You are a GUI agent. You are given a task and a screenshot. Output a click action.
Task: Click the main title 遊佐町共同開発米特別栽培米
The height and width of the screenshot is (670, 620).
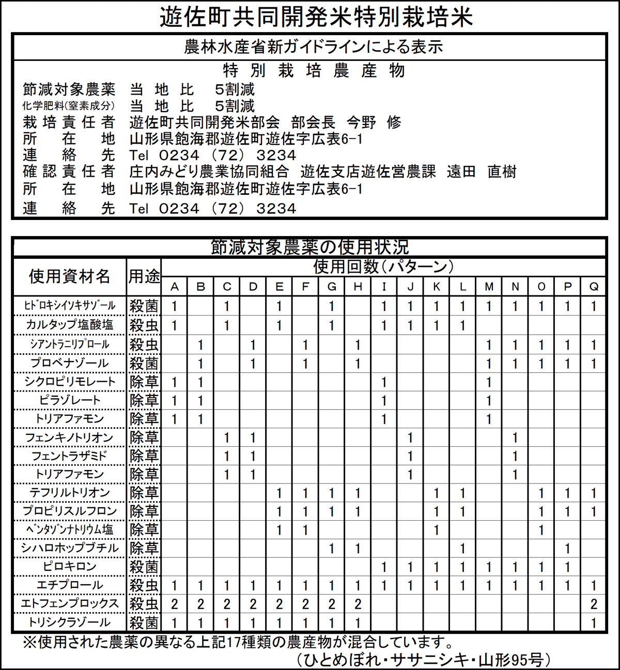pyautogui.click(x=316, y=17)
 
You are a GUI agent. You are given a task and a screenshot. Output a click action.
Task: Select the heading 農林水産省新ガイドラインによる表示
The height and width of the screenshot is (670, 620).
pyautogui.click(x=314, y=47)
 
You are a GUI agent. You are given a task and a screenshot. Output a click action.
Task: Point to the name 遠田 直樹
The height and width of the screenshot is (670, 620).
pyautogui.click(x=482, y=172)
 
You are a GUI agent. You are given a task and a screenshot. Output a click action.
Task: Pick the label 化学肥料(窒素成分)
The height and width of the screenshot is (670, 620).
pyautogui.click(x=69, y=106)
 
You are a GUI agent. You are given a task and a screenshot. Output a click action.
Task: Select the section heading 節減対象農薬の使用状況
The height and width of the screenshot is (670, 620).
pyautogui.click(x=309, y=247)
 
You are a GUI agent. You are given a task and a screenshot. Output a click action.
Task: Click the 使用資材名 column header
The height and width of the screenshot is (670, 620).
pyautogui.click(x=69, y=276)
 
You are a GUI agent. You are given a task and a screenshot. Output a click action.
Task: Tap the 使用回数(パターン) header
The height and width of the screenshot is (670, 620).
pyautogui.click(x=383, y=267)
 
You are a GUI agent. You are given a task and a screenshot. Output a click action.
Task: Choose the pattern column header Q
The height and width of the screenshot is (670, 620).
pyautogui.click(x=594, y=287)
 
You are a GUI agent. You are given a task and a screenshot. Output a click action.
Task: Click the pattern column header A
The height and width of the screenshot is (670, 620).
pyautogui.click(x=175, y=287)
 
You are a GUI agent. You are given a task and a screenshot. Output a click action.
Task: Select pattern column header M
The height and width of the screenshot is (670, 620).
pyautogui.click(x=489, y=287)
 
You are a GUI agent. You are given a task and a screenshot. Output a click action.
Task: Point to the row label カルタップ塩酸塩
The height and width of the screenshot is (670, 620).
pyautogui.click(x=69, y=325)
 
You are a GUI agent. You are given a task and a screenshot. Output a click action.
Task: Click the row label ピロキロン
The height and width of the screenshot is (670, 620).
pyautogui.click(x=69, y=567)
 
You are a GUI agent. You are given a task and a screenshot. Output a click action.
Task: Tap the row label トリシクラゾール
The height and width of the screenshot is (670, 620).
pyautogui.click(x=69, y=622)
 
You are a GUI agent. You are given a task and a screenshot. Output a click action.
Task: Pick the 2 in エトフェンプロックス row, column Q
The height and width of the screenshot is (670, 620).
pyautogui.click(x=594, y=604)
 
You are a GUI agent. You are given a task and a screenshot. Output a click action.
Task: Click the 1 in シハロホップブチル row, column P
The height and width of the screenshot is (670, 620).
pyautogui.click(x=567, y=548)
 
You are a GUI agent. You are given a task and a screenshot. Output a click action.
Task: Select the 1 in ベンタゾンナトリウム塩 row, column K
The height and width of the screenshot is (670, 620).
pyautogui.click(x=437, y=529)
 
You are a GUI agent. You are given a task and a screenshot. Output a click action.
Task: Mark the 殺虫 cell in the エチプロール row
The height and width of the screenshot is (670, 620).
pyautogui.click(x=144, y=585)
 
